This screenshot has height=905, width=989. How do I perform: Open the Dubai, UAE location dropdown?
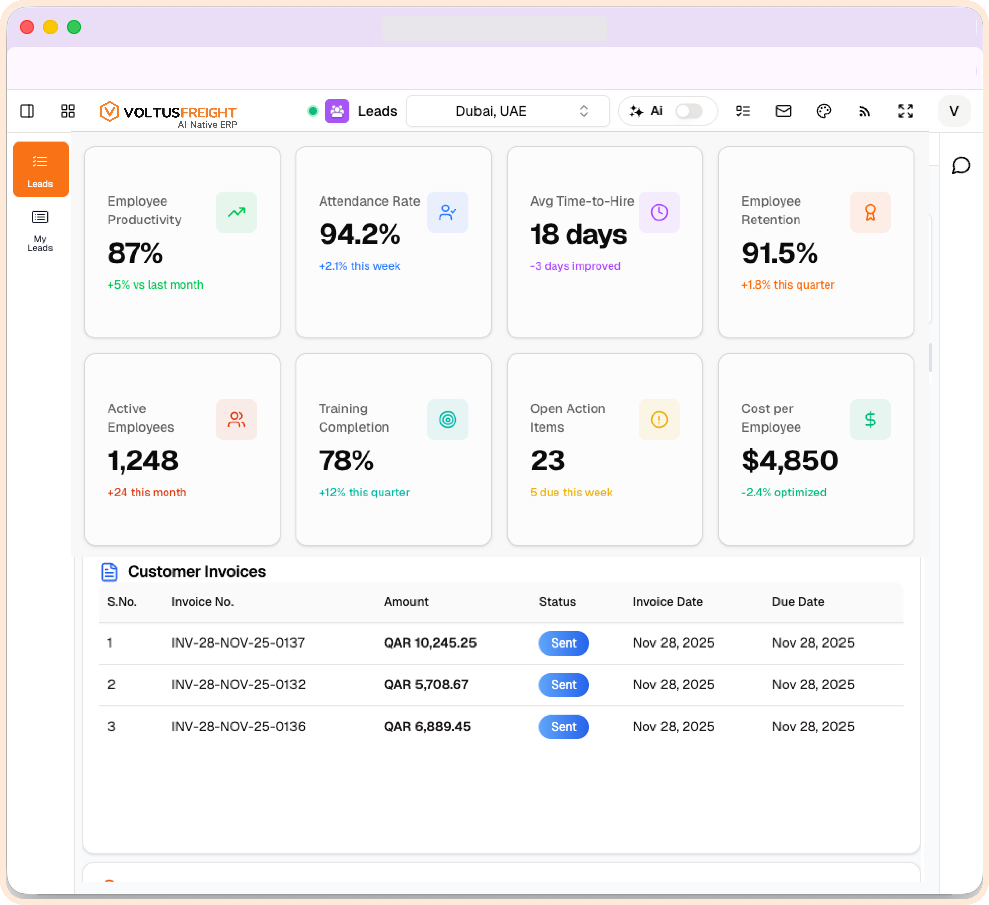[x=508, y=111]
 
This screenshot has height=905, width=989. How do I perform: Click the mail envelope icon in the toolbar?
[x=783, y=111]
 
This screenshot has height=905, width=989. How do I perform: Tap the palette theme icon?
[x=824, y=111]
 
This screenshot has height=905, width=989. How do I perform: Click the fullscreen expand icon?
[x=905, y=111]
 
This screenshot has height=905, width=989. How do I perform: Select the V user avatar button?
[x=954, y=111]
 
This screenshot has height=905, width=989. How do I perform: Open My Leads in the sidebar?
[x=40, y=230]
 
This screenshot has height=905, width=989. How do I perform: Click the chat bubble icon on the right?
[x=961, y=165]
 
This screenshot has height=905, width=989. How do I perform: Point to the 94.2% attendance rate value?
[x=360, y=234]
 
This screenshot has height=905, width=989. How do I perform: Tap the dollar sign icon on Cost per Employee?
[x=870, y=420]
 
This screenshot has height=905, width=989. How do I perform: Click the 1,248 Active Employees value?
[x=143, y=461]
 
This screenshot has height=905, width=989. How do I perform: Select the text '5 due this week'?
[x=571, y=492]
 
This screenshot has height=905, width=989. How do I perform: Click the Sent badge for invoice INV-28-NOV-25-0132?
[x=563, y=685]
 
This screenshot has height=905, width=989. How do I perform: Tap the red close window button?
[x=27, y=27]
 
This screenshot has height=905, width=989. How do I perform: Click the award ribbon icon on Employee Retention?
[x=870, y=212]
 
